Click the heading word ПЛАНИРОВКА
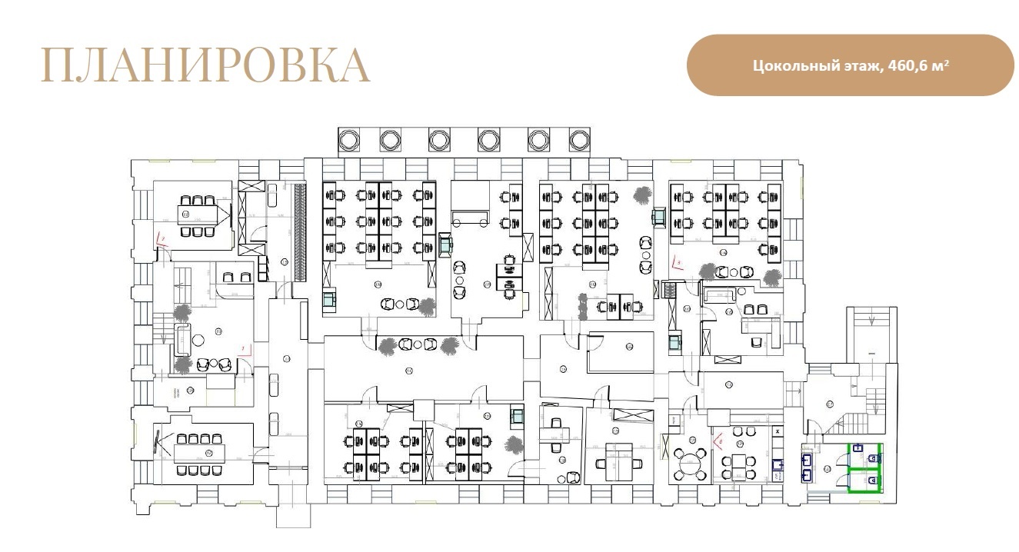pos(205,65)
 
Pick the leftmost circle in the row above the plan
pos(349,140)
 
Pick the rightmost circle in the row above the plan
pos(578,140)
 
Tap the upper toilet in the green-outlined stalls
pos(872,457)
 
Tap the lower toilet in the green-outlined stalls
pos(872,481)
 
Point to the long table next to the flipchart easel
pos(200,450)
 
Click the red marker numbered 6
pos(719,441)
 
